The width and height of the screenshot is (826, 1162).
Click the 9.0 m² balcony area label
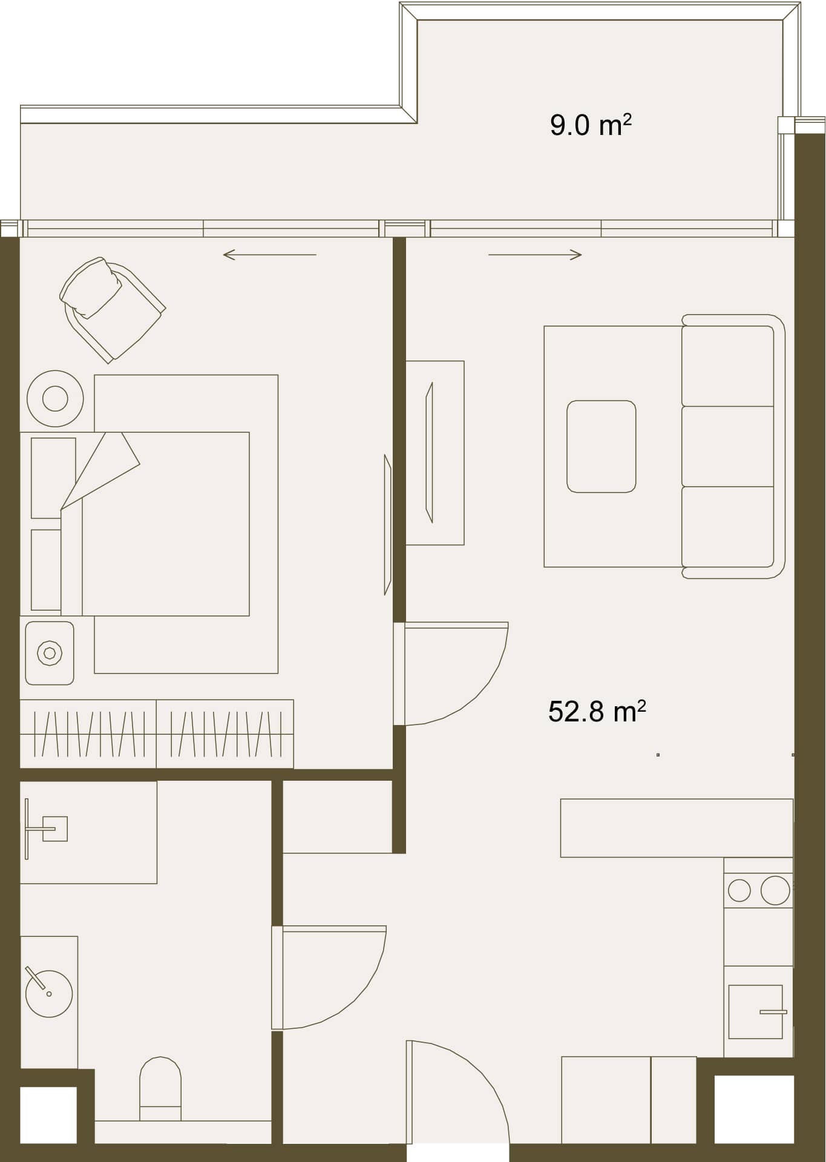tap(591, 125)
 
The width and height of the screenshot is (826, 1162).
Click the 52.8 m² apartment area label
tap(597, 711)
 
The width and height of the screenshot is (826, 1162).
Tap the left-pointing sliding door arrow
tap(270, 255)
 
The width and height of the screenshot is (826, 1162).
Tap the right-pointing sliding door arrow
tap(535, 255)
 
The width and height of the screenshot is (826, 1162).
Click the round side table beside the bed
tap(55, 399)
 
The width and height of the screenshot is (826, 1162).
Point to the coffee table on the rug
tap(601, 446)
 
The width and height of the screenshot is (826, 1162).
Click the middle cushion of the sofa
tap(728, 446)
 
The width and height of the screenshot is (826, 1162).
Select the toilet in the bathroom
tap(160, 1089)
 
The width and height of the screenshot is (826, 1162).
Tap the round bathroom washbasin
tap(49, 993)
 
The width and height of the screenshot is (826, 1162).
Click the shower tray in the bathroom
tap(88, 832)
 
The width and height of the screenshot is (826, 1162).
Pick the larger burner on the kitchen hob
tap(775, 890)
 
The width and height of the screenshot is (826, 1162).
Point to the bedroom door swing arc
tap(477, 691)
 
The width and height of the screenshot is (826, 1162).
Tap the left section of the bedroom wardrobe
tap(88, 734)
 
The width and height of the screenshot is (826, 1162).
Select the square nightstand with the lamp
tap(50, 653)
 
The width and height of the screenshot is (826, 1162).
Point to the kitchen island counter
tap(677, 828)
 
